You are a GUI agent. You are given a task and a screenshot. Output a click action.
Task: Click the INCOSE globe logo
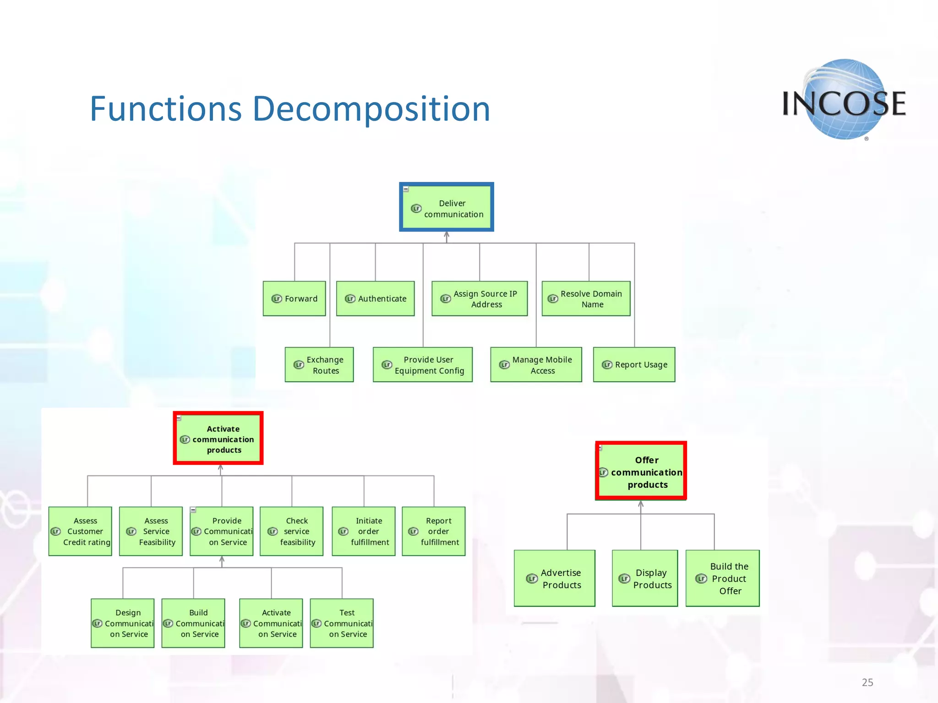pyautogui.click(x=844, y=100)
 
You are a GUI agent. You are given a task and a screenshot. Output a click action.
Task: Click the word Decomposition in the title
pyautogui.click(x=371, y=109)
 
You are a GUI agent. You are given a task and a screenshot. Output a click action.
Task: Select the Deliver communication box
pyautogui.click(x=447, y=207)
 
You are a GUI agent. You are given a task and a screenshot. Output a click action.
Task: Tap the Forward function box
pyautogui.click(x=294, y=298)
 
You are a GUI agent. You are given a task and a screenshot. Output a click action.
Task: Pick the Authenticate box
pyautogui.click(x=375, y=298)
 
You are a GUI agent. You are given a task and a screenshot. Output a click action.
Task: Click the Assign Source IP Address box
pyautogui.click(x=480, y=298)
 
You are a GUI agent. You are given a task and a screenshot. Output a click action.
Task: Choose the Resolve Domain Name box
pyautogui.click(x=586, y=298)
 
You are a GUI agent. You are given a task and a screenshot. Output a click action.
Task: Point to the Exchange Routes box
pyautogui.click(x=319, y=365)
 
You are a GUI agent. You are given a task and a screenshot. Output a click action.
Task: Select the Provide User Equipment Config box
pyautogui.click(x=422, y=365)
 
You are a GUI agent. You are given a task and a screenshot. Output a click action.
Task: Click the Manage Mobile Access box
pyautogui.click(x=536, y=365)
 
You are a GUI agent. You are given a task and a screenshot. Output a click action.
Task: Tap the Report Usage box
pyautogui.click(x=634, y=365)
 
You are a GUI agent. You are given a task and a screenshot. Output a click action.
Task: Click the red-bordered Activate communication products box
pyautogui.click(x=218, y=438)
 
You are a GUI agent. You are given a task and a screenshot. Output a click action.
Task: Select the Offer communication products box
pyautogui.click(x=641, y=471)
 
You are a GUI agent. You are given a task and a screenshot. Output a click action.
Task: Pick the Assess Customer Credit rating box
pyautogui.click(x=80, y=531)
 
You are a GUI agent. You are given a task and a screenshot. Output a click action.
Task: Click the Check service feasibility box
pyautogui.click(x=291, y=531)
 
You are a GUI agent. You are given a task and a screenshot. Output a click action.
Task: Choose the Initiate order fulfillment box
pyautogui.click(x=364, y=531)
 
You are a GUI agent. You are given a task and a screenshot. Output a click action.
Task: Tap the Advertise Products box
pyautogui.click(x=554, y=579)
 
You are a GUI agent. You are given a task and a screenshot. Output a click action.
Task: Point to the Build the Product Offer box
pyautogui.click(x=722, y=579)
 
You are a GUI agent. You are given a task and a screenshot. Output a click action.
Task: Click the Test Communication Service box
pyautogui.click(x=342, y=623)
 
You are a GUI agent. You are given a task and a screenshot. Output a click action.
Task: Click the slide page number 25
pyautogui.click(x=867, y=682)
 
